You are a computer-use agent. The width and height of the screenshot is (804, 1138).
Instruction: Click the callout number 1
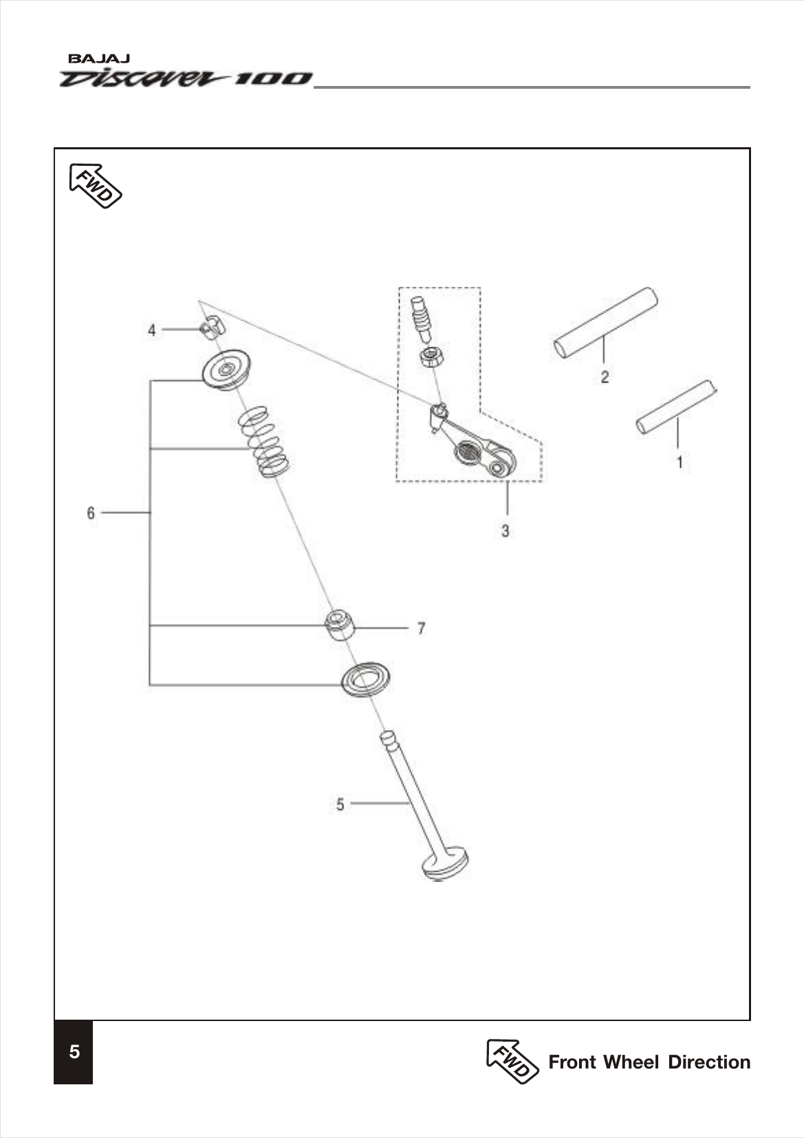point(680,462)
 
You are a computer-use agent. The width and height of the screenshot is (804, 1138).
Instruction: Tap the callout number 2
point(604,377)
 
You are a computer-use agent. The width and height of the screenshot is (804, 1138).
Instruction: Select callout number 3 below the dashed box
point(506,531)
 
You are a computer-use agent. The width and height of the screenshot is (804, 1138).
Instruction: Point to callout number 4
point(152,330)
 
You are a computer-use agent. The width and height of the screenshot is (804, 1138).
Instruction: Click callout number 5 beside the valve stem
point(340,804)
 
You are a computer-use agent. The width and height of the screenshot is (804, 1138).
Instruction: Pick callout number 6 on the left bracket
point(91,513)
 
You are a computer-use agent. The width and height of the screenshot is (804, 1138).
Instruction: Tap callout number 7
point(421,628)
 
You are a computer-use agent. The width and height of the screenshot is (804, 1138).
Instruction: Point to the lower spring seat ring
point(366,680)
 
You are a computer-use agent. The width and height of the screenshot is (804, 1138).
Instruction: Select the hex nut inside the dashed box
point(432,358)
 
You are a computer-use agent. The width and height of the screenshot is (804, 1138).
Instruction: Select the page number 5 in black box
point(74,1052)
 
